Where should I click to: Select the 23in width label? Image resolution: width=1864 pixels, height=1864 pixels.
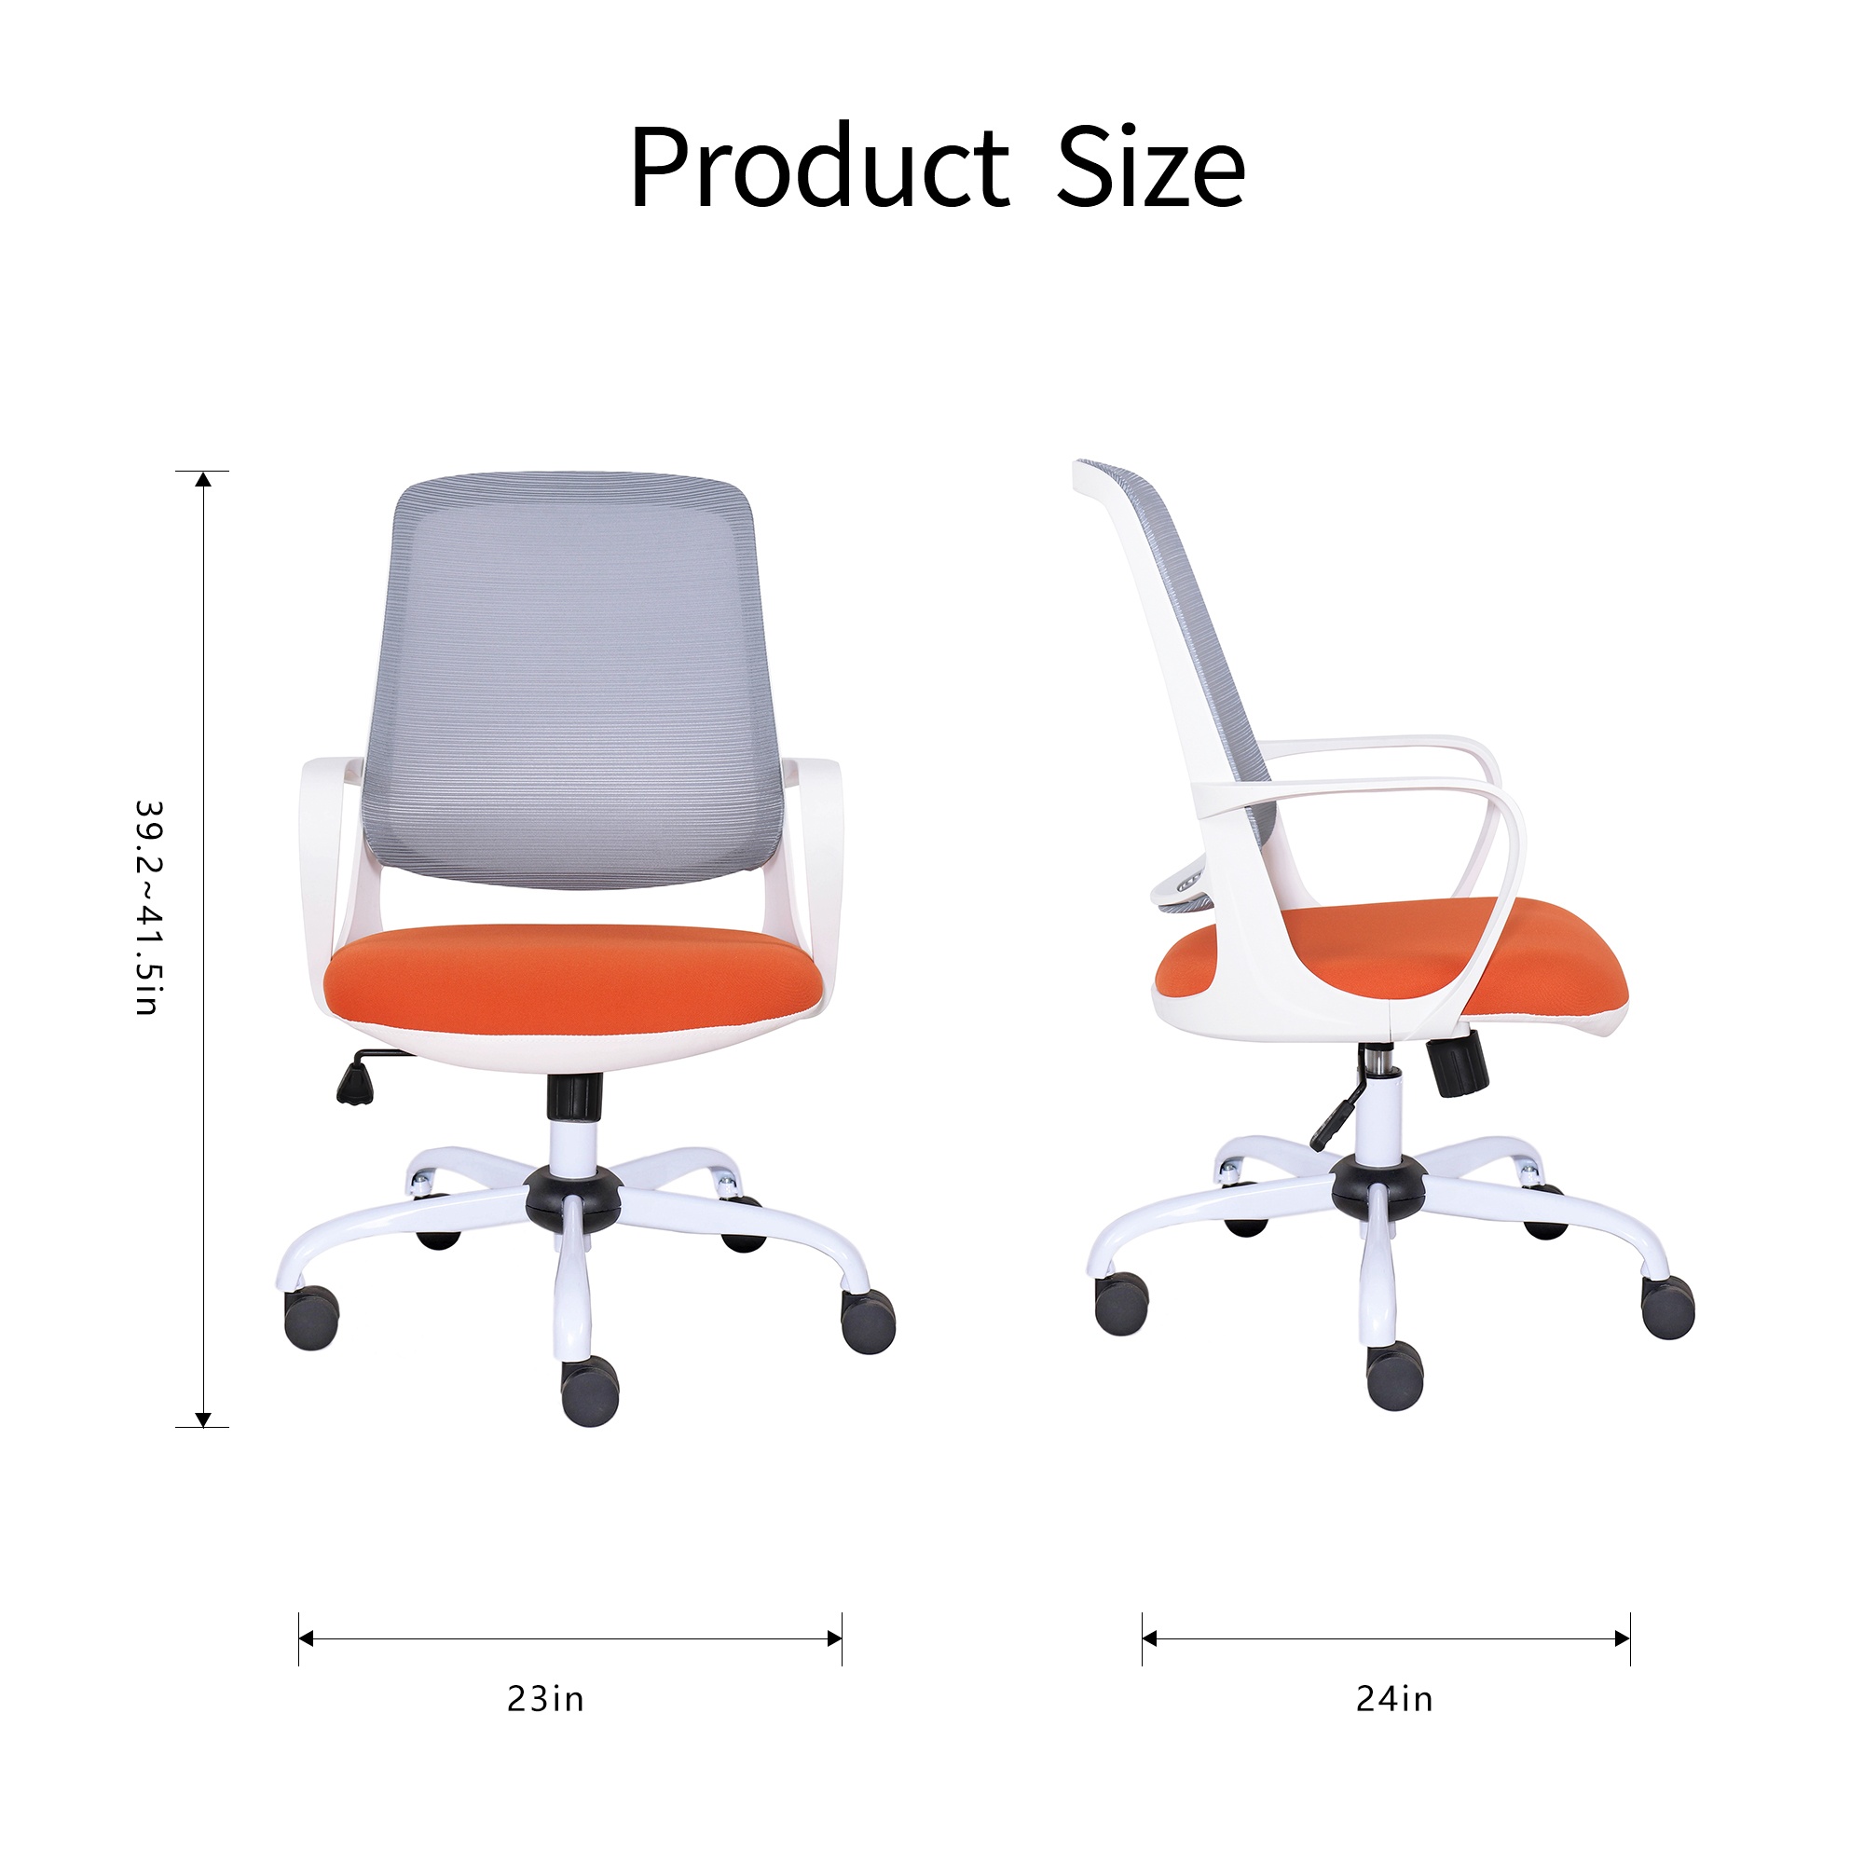(x=545, y=1698)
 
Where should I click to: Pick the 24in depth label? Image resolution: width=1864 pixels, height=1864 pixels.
(x=1394, y=1698)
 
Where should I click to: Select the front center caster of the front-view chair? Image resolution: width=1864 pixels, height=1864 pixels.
(x=591, y=1390)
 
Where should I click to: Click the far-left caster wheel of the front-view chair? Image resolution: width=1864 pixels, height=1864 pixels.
(x=311, y=1318)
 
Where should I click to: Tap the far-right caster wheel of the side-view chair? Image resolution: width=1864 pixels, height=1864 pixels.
(x=1667, y=1308)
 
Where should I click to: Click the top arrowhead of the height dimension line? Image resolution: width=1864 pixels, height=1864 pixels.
(x=202, y=479)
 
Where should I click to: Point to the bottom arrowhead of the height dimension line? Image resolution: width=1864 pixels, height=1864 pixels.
(x=202, y=1419)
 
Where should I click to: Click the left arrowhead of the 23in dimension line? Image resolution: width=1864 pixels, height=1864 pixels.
(x=307, y=1638)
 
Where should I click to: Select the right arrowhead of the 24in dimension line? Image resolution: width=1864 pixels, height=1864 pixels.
(x=1623, y=1638)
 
